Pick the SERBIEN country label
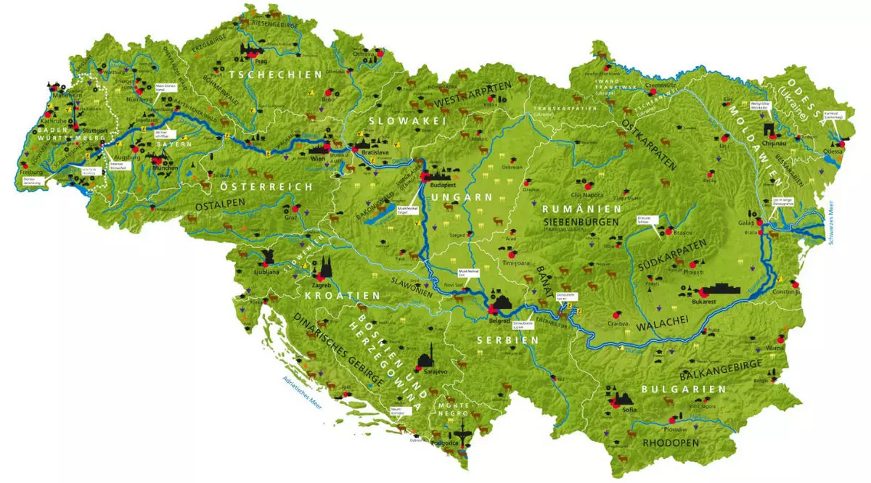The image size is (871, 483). pos(507,339)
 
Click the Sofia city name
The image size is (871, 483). pos(627,410)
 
